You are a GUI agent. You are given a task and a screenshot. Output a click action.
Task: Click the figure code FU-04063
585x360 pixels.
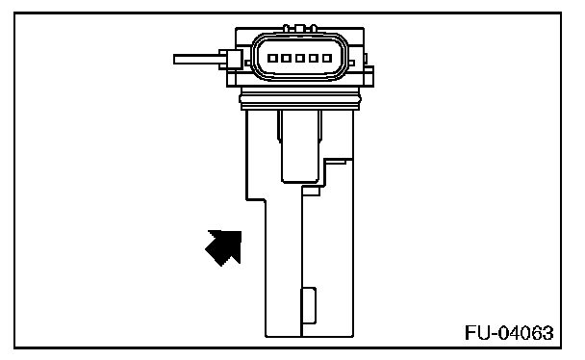509,333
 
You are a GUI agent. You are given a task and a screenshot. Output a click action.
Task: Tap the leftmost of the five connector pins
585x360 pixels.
272,58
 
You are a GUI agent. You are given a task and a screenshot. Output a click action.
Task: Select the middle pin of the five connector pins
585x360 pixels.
300,58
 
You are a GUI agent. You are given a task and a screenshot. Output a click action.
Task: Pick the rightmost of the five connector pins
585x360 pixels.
327,58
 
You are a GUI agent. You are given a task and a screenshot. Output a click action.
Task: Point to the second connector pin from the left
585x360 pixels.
286,58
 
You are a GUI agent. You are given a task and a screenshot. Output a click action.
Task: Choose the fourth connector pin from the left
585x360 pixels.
314,58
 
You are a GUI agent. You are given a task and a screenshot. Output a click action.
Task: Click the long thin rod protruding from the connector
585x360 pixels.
199,60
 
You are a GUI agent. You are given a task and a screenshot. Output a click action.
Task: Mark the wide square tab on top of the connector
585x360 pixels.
300,28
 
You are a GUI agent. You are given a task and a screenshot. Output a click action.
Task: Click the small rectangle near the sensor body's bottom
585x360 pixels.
309,305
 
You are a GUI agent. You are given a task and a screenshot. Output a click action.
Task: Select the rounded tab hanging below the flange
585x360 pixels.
300,146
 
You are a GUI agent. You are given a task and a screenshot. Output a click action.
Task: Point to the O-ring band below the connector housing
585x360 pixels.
300,99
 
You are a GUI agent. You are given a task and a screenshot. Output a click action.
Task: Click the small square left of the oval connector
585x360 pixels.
248,64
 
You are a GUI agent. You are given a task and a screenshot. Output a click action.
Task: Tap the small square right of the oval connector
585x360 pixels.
351,64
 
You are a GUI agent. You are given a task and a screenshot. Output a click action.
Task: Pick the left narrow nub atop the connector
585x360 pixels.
286,28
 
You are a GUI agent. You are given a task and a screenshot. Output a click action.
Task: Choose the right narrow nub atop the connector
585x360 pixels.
314,28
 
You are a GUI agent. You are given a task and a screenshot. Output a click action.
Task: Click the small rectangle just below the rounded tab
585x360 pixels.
311,192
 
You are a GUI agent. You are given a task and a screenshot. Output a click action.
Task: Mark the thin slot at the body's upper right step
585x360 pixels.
336,162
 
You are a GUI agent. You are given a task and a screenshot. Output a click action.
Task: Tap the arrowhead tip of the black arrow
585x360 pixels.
241,232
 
